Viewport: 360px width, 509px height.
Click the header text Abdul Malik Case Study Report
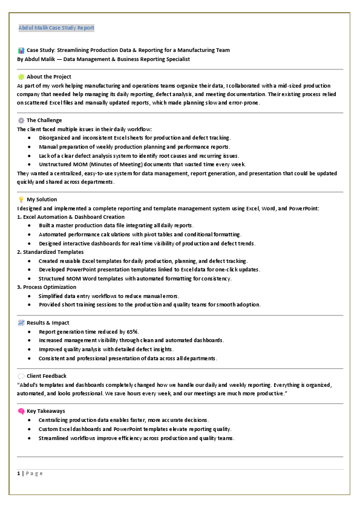[56, 28]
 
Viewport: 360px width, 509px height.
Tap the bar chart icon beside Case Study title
[21, 50]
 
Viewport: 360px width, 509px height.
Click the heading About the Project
[49, 77]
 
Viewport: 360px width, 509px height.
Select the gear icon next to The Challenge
[21, 120]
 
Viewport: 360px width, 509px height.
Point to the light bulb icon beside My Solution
[21, 199]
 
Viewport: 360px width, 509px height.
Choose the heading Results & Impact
[48, 323]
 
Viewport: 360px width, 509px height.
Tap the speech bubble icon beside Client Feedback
[21, 376]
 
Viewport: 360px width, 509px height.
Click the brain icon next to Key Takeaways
[21, 411]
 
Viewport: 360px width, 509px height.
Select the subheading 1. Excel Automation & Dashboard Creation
[71, 217]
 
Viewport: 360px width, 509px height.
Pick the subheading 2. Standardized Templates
[50, 252]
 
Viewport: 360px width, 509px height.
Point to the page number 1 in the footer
[19, 473]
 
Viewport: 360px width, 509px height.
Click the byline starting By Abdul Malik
[103, 59]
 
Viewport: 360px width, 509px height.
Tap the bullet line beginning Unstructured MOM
[142, 164]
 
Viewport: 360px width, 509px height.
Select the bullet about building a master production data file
[116, 225]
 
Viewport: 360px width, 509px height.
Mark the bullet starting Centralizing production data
[124, 420]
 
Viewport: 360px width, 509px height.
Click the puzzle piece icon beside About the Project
[21, 77]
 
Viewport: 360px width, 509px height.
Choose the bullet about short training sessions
[149, 305]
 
